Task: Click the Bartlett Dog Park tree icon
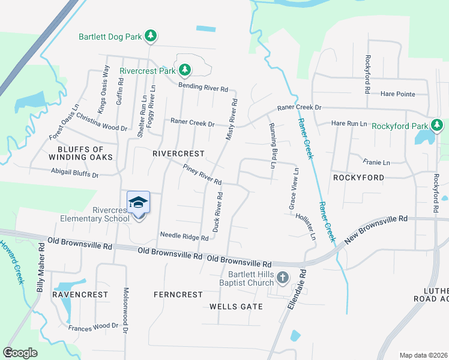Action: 152,37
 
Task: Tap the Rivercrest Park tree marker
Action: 185,70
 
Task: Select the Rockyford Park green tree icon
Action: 438,126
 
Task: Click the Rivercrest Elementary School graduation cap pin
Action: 138,202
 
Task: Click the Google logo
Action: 20,353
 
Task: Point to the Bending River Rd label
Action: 204,88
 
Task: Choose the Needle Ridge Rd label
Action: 184,236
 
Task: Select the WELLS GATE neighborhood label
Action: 236,307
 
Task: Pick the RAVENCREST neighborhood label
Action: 80,295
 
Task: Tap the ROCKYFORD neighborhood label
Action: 358,178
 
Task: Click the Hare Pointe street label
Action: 398,94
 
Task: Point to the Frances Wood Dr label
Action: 93,326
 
